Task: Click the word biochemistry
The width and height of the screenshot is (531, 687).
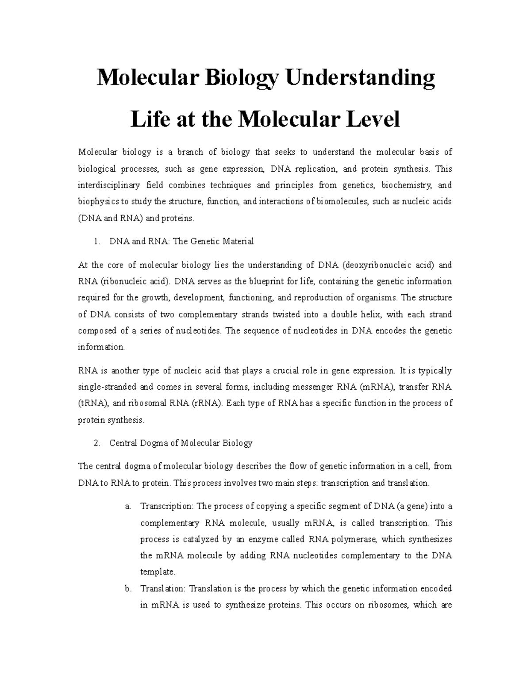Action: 407,185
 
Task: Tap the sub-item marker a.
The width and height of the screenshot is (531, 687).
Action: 127,507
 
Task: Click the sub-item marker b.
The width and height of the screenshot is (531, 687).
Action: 128,589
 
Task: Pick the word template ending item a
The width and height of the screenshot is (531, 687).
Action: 158,572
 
